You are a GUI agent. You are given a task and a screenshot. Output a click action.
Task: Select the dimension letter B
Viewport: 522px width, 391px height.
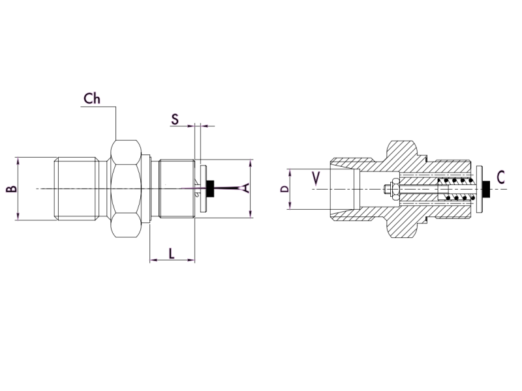[x=10, y=189]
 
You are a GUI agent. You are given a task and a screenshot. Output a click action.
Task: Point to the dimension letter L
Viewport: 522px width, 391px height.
[x=172, y=253]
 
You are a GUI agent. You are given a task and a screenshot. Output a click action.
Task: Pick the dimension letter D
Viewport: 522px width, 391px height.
[x=284, y=190]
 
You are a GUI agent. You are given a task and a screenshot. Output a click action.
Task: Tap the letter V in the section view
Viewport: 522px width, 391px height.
[x=316, y=178]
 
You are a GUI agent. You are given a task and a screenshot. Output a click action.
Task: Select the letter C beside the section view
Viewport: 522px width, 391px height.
[x=500, y=177]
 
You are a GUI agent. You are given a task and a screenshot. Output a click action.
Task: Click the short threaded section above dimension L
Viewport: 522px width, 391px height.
[x=177, y=189]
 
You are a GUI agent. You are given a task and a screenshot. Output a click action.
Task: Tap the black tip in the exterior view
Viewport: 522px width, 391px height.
[x=212, y=189]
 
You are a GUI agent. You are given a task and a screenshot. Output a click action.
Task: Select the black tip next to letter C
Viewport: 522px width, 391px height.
[x=487, y=189]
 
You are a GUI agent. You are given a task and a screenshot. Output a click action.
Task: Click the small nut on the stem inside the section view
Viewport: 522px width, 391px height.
[x=388, y=190]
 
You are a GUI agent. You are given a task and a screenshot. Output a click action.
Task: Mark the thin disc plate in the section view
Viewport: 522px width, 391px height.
[x=480, y=189]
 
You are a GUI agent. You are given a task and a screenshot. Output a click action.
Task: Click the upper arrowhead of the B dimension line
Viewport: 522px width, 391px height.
[x=18, y=159]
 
